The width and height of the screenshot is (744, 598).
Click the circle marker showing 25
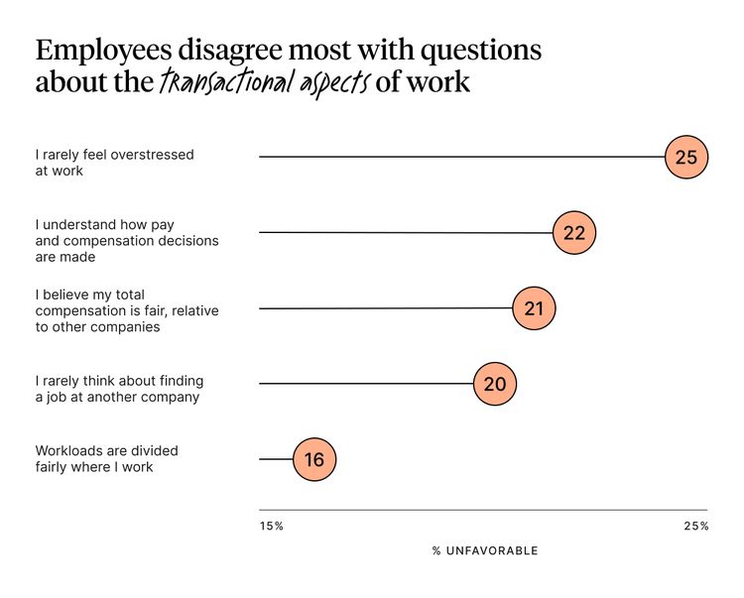click(x=686, y=157)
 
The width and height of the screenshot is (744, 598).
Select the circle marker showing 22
click(x=574, y=233)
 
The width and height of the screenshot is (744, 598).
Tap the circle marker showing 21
click(x=535, y=308)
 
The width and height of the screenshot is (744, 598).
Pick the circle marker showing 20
click(x=495, y=384)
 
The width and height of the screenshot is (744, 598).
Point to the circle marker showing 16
click(x=314, y=459)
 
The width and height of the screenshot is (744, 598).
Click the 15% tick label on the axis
click(x=271, y=526)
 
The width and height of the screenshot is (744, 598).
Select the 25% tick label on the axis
click(x=695, y=526)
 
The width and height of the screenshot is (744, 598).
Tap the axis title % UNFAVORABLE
click(x=485, y=550)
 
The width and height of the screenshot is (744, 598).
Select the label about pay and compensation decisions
click(x=127, y=241)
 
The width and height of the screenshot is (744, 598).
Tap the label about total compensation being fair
click(x=127, y=310)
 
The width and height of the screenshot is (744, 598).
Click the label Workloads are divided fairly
click(x=106, y=458)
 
